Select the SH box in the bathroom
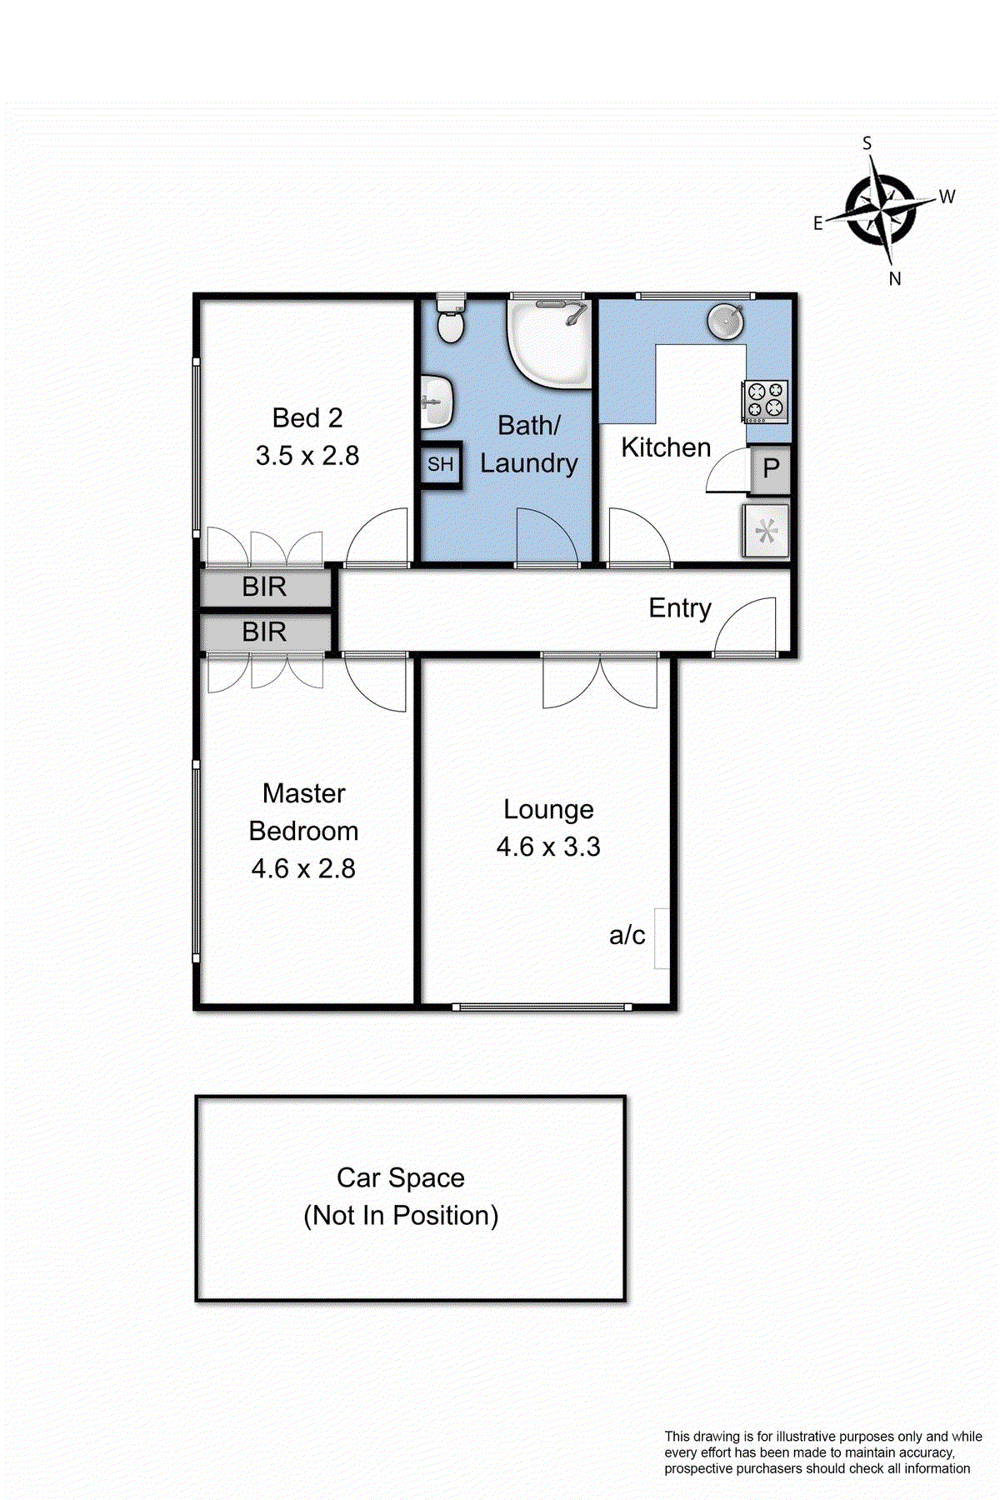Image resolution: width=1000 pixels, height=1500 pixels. pyautogui.click(x=440, y=464)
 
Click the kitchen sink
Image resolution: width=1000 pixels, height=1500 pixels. pyautogui.click(x=726, y=322)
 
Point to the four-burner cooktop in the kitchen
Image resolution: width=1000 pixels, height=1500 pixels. pyautogui.click(x=766, y=400)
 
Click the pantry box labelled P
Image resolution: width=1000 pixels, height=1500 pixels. pyautogui.click(x=771, y=468)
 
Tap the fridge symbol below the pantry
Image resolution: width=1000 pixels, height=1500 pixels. pyautogui.click(x=766, y=531)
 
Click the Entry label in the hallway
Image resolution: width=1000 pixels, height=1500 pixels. pyautogui.click(x=680, y=608)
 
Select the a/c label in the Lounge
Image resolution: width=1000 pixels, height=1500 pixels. pyautogui.click(x=627, y=935)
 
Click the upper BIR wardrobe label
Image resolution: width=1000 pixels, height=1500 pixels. pyautogui.click(x=264, y=587)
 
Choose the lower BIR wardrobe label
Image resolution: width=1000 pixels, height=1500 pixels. pyautogui.click(x=264, y=632)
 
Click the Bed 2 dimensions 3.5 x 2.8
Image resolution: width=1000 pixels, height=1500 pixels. pyautogui.click(x=307, y=456)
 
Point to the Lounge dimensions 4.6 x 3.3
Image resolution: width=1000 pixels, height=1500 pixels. pyautogui.click(x=548, y=847)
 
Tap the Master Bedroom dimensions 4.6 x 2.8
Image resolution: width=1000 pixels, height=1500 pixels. pyautogui.click(x=303, y=869)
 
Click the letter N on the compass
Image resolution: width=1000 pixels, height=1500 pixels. pyautogui.click(x=895, y=279)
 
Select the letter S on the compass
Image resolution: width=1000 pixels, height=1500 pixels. pyautogui.click(x=867, y=143)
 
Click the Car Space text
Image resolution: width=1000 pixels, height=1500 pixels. pyautogui.click(x=401, y=1178)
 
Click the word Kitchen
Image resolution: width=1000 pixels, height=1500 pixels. pyautogui.click(x=666, y=447)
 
